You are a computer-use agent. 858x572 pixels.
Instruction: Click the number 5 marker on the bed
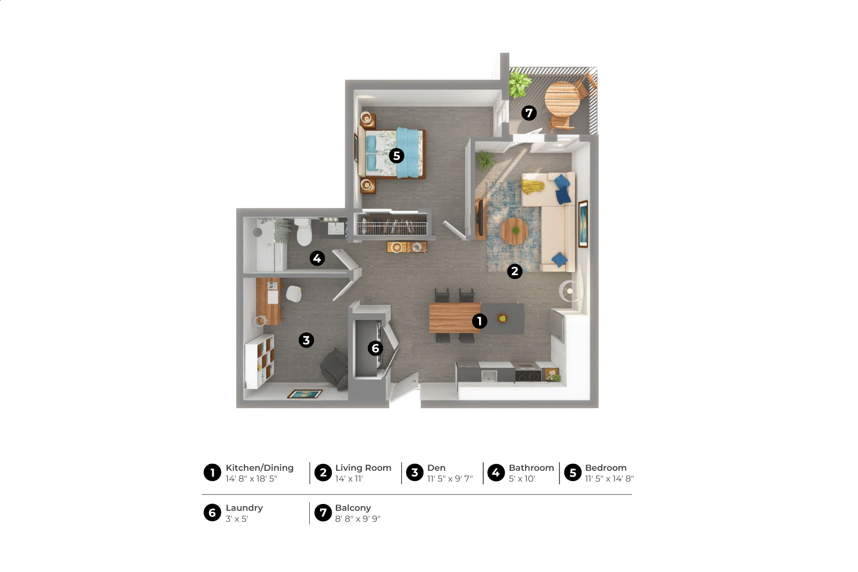[397, 156]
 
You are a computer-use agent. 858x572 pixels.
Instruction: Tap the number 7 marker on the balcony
[529, 113]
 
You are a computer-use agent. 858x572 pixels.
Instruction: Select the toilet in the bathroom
[304, 231]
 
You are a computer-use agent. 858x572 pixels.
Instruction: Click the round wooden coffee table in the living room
[514, 231]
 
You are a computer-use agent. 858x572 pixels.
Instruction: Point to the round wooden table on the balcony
[562, 99]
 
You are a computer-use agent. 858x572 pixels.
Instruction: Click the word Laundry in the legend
[244, 508]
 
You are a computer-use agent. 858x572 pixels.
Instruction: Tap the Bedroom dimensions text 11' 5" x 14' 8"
[609, 479]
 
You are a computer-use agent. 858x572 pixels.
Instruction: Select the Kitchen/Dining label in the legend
[259, 468]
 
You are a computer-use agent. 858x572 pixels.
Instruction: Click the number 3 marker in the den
[307, 340]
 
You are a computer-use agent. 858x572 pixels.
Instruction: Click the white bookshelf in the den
[260, 361]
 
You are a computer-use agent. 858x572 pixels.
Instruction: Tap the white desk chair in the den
[294, 293]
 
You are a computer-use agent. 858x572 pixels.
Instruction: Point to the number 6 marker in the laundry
[375, 348]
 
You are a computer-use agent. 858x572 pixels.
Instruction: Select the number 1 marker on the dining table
[480, 321]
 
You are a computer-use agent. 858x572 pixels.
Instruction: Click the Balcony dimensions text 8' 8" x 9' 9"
[358, 519]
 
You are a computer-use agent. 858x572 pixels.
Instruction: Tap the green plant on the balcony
[520, 82]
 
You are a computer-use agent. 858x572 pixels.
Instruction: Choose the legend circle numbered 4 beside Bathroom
[496, 473]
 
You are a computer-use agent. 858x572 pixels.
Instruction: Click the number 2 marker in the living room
[515, 271]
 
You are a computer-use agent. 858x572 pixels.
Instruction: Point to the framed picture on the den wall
[305, 394]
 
